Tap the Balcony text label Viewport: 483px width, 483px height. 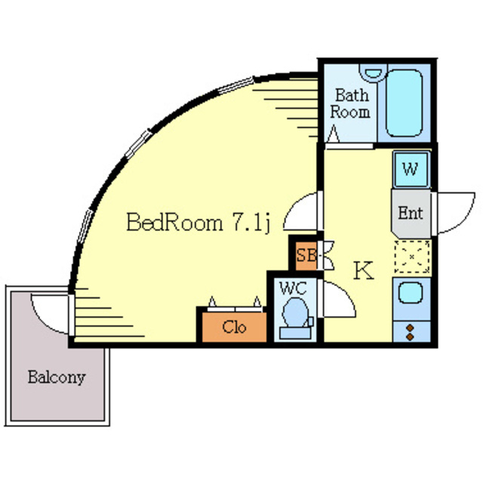click(57, 377)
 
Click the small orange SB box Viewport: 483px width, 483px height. click(306, 255)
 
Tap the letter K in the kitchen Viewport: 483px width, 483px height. click(364, 270)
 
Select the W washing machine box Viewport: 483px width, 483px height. click(411, 169)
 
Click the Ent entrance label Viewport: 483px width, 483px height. click(410, 213)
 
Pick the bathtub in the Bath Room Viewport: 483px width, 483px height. click(404, 105)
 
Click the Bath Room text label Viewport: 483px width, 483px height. click(352, 104)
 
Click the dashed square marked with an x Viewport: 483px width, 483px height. click(411, 257)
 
